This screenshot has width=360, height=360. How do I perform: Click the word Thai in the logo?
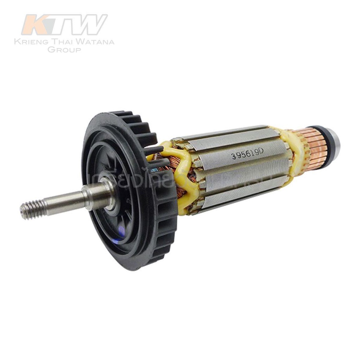[x=63, y=42]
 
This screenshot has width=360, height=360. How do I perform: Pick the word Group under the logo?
[x=64, y=50]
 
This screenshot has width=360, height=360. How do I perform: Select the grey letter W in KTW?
[x=90, y=25]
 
